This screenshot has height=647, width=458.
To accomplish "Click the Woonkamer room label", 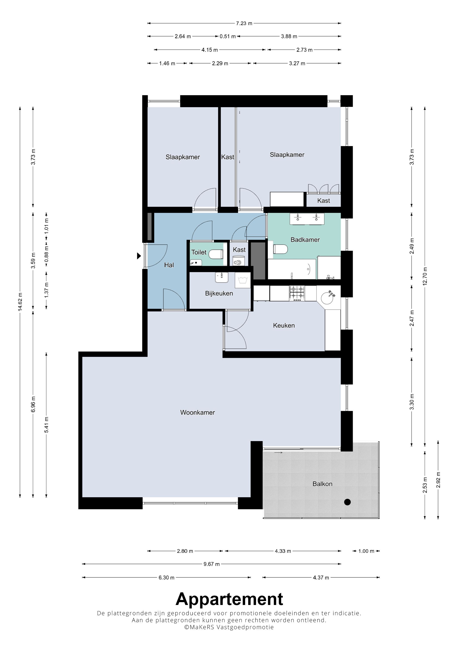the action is click(198, 412).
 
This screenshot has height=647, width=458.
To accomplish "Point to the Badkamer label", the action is click(305, 240).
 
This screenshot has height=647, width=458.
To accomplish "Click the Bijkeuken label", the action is click(219, 293).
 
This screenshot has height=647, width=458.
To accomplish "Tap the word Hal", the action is click(169, 265).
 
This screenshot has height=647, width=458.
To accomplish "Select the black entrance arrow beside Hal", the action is click(139, 256).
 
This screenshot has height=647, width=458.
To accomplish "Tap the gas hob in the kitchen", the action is click(297, 293).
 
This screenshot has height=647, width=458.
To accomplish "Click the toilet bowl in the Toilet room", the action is click(216, 254).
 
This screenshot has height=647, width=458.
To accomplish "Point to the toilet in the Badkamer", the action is click(280, 249).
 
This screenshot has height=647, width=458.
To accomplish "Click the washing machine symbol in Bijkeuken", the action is click(243, 280).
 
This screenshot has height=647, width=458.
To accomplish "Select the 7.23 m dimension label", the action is click(244, 23).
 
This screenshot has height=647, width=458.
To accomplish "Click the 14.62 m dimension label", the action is click(20, 302).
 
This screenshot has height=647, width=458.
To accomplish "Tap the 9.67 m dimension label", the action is click(212, 564).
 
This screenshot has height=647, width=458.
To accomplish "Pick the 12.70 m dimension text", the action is click(425, 276).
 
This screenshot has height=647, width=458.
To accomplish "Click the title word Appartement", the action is click(229, 599).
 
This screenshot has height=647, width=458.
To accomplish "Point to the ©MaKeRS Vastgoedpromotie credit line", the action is click(229, 627).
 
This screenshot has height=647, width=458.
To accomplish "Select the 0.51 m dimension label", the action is click(228, 36).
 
